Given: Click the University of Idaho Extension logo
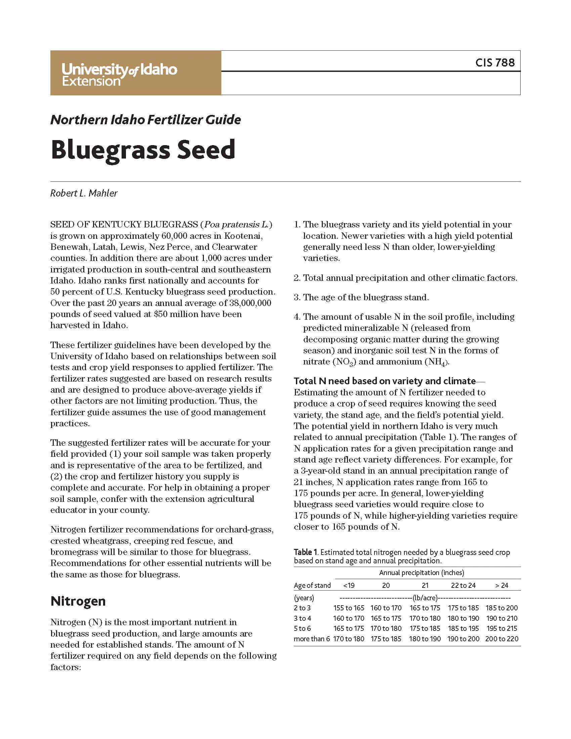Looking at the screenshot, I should coord(119,75).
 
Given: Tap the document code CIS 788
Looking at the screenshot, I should coord(494,62).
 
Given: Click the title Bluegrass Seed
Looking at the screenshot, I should coord(143,150).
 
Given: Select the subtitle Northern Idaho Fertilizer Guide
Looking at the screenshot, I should coord(145,120).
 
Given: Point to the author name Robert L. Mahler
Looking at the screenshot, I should coord(84,193).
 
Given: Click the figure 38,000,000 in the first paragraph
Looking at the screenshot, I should coord(250,303).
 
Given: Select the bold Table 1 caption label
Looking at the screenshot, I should coord(305,552).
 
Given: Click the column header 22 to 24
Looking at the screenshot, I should coord(463,585).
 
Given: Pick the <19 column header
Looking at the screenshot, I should coord(349,585).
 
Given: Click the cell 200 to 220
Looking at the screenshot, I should coord(501,639).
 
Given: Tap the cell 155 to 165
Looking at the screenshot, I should coord(349,608).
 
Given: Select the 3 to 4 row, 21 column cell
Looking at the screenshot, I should coord(425,618).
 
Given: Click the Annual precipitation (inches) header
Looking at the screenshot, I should coord(421,573).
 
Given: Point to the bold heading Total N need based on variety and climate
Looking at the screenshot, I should coord(384,381).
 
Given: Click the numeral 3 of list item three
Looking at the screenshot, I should coord(297,297).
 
